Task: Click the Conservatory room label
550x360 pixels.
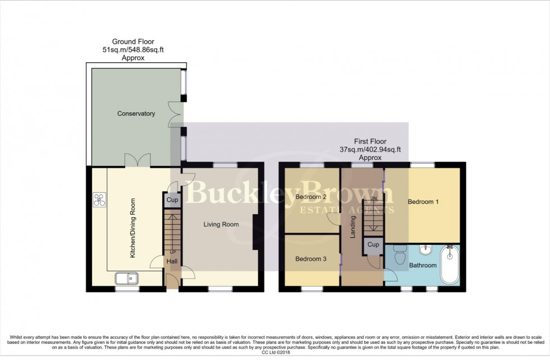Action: [136, 114]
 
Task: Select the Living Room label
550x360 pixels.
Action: [221, 225]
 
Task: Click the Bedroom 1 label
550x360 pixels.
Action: [423, 202]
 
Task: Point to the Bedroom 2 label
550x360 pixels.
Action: [310, 197]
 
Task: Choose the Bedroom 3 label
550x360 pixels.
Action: [310, 259]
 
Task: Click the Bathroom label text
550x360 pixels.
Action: [423, 265]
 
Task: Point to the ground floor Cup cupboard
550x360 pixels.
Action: [172, 200]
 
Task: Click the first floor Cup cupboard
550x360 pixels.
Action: [373, 245]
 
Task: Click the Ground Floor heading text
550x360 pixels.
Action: [133, 42]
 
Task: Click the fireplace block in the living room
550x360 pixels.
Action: [255, 232]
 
